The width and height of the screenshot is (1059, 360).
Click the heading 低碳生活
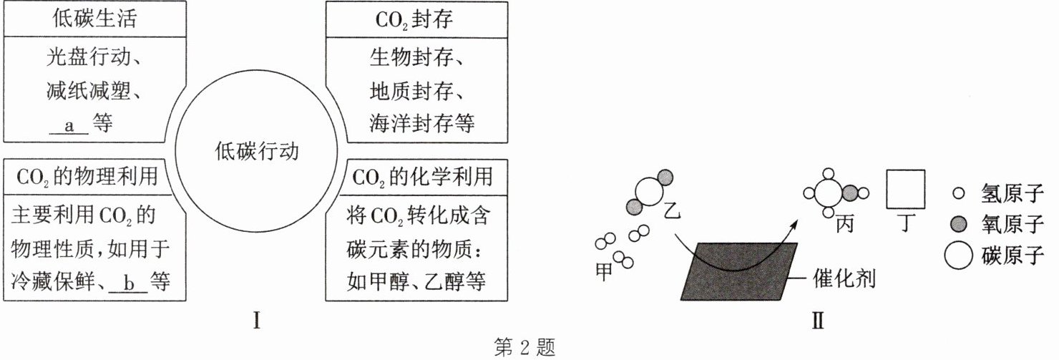(95, 19)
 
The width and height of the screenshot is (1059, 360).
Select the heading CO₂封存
(415, 19)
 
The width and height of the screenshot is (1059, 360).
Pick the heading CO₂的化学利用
(423, 176)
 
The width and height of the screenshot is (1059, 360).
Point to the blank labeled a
(70, 125)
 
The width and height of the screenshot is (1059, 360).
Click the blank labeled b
(129, 282)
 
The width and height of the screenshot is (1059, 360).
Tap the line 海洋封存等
(422, 124)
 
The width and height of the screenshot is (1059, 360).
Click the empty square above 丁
(906, 190)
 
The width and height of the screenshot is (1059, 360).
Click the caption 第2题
(524, 349)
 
